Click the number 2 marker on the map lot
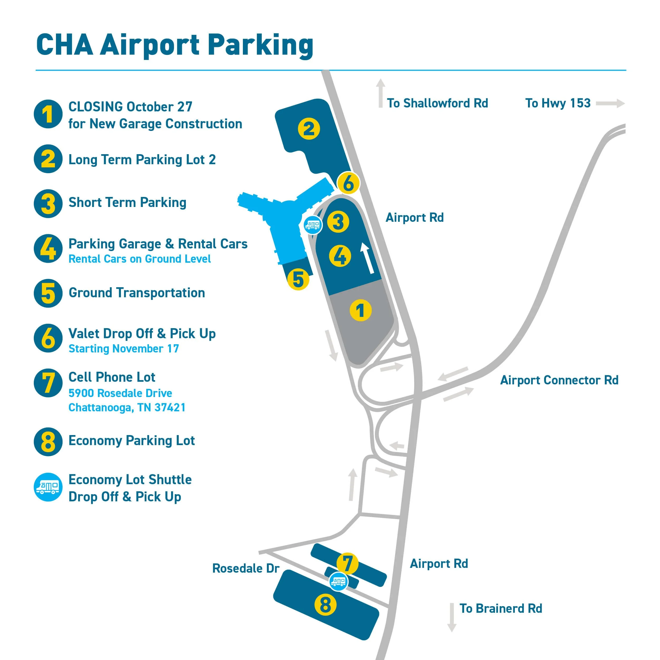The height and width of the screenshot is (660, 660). pyautogui.click(x=309, y=129)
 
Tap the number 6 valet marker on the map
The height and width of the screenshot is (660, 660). pyautogui.click(x=348, y=183)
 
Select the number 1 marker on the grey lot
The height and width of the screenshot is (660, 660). pyautogui.click(x=360, y=310)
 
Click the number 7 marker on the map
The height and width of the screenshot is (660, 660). pyautogui.click(x=347, y=563)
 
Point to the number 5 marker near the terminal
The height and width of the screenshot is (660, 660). pyautogui.click(x=298, y=279)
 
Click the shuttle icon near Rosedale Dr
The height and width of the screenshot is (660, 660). pyautogui.click(x=338, y=581)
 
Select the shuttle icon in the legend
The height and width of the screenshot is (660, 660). pyautogui.click(x=48, y=487)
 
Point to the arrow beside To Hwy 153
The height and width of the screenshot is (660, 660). pyautogui.click(x=610, y=103)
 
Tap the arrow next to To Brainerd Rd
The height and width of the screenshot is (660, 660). pyautogui.click(x=452, y=617)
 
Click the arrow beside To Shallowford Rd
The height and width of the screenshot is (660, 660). pyautogui.click(x=381, y=93)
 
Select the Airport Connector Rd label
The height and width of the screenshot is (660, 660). pyautogui.click(x=559, y=380)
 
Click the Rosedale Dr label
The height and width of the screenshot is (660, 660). pyautogui.click(x=246, y=568)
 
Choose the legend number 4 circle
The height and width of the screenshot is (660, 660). pyautogui.click(x=48, y=248)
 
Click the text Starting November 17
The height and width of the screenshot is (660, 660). pyautogui.click(x=124, y=349)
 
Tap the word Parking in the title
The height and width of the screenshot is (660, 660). pyautogui.click(x=261, y=45)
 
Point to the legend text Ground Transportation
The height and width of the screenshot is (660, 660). pyautogui.click(x=137, y=293)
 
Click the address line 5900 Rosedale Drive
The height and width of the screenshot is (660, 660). pyautogui.click(x=120, y=393)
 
